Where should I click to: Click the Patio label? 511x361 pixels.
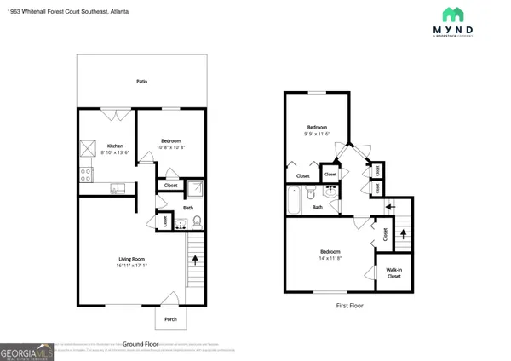point(142,82)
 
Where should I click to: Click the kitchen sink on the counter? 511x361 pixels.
point(118,188)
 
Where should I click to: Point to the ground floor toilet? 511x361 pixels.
point(197,223)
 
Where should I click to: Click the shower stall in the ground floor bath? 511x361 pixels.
point(193,188)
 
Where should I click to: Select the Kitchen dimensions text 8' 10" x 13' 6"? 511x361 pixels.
point(115,153)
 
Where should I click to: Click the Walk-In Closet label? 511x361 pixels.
point(394,273)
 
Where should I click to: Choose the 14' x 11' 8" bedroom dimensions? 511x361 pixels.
point(331,258)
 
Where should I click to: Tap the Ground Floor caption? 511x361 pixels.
point(141,343)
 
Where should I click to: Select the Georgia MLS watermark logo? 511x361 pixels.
point(26,352)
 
